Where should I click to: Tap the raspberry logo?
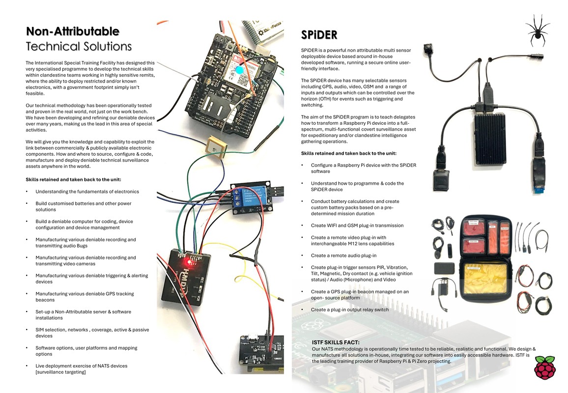click(544, 367)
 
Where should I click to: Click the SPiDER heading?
click(319, 35)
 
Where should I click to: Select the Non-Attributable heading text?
click(73, 31)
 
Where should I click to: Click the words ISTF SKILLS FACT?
click(336, 342)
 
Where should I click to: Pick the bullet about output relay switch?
click(350, 310)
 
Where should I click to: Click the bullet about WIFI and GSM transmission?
click(357, 225)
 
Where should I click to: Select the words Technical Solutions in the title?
click(79, 47)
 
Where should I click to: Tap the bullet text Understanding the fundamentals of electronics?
click(87, 192)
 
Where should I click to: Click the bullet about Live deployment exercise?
click(81, 369)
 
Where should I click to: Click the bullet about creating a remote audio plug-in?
click(343, 255)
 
